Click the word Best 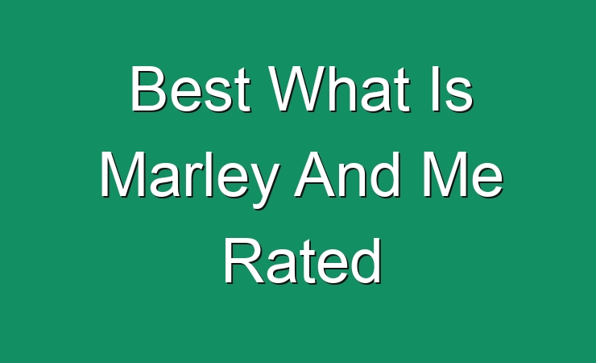click(x=190, y=90)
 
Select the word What click(x=340, y=90)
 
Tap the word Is click(x=453, y=90)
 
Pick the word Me click(x=463, y=175)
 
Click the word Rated click(x=303, y=261)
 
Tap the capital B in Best click(x=149, y=90)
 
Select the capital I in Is click(x=436, y=90)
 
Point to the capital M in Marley click(x=123, y=175)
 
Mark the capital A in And click(x=317, y=175)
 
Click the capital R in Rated click(x=244, y=261)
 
